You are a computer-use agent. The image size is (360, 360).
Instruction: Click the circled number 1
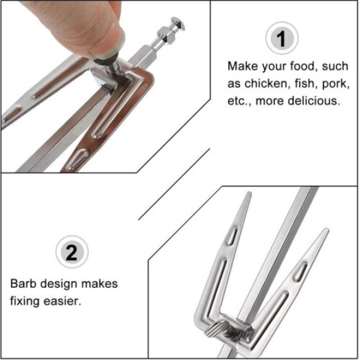(x=281, y=40)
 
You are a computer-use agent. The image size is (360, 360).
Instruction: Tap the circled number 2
(x=73, y=252)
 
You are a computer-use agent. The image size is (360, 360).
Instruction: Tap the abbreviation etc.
(x=240, y=101)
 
